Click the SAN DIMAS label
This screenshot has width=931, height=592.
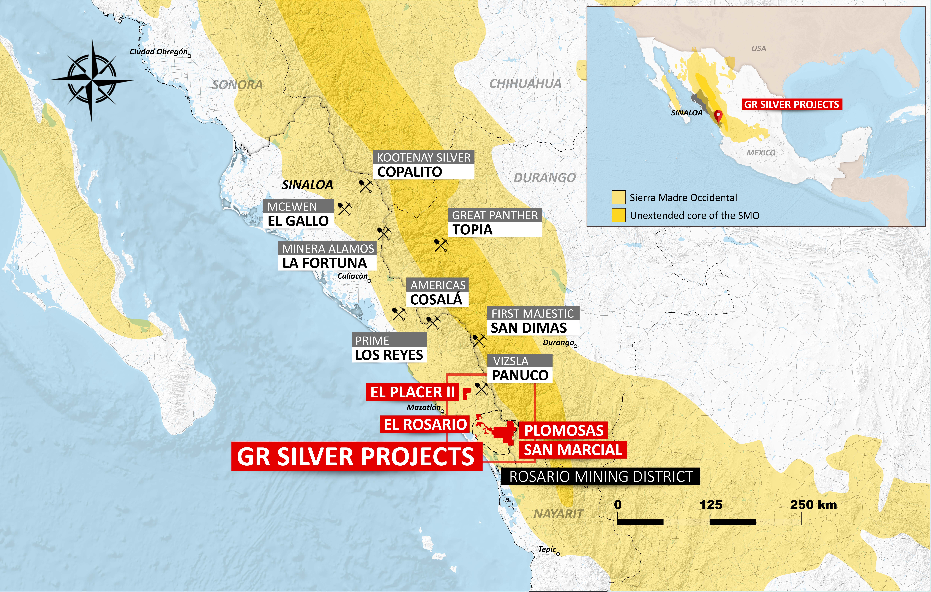(x=529, y=328)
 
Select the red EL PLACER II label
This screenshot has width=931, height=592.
(x=412, y=392)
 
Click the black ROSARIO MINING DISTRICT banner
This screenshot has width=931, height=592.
(x=600, y=476)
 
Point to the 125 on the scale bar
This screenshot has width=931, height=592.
(x=711, y=505)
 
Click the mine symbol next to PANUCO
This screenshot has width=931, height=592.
(x=481, y=388)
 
